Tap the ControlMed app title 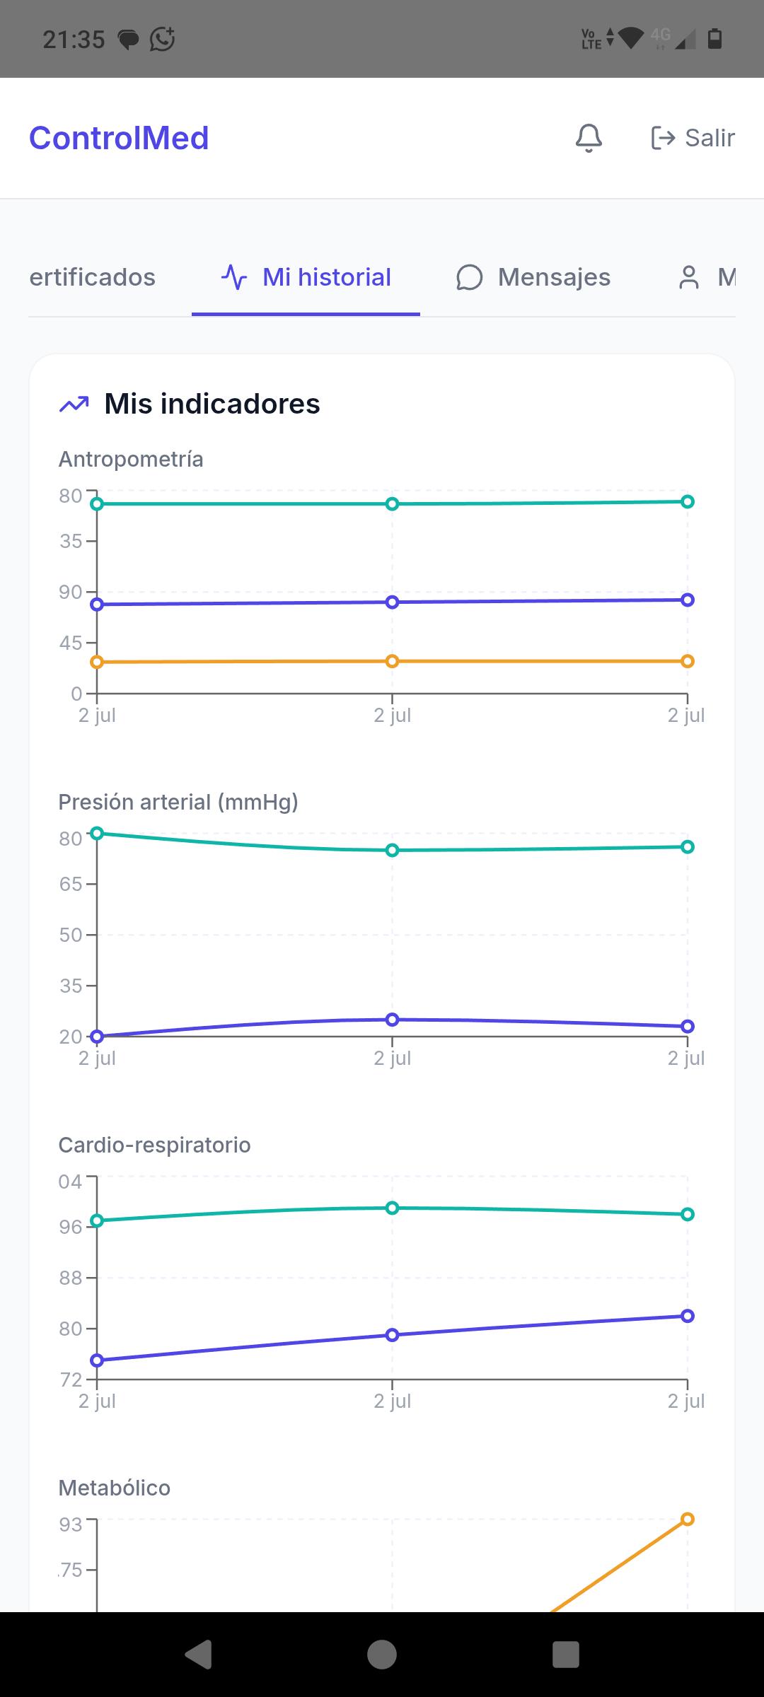click(x=119, y=138)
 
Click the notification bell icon click(x=589, y=138)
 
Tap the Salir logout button click(x=693, y=138)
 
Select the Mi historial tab click(x=306, y=277)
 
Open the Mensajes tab click(x=533, y=277)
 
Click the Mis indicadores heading click(x=212, y=404)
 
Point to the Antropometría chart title click(x=131, y=460)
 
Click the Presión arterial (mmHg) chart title click(x=178, y=803)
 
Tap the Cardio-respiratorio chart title click(x=154, y=1145)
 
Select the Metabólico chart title click(x=115, y=1488)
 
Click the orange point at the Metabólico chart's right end click(x=687, y=1519)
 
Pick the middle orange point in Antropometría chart click(x=393, y=661)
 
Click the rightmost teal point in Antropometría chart click(x=687, y=501)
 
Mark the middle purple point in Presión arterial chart click(x=393, y=1020)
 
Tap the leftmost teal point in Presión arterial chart click(x=98, y=833)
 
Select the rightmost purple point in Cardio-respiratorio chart click(x=687, y=1316)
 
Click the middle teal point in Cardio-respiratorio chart click(x=393, y=1208)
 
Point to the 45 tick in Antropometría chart click(x=71, y=643)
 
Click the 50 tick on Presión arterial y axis click(x=71, y=935)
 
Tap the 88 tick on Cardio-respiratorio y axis click(x=71, y=1278)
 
